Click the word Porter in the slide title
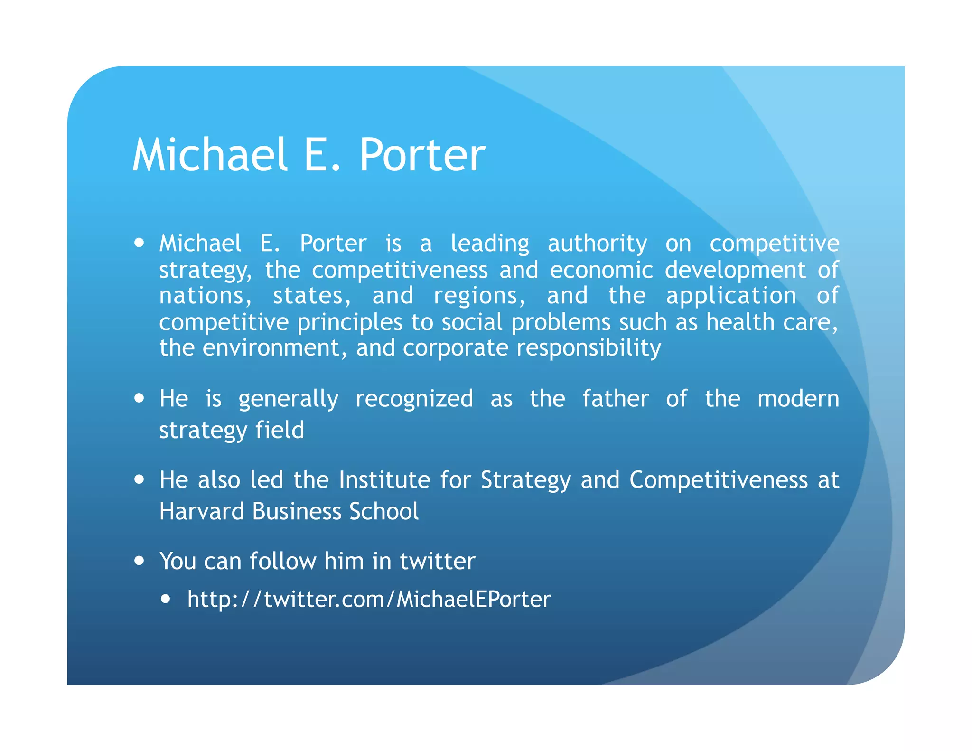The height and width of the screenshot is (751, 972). pos(422,155)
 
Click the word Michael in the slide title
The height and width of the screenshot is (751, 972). pos(210,155)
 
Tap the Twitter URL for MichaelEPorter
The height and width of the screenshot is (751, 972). pos(369,599)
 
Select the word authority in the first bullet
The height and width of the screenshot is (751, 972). pos(597,244)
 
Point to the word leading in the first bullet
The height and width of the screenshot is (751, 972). pos(489,244)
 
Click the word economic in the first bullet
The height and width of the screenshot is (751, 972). pos(601,270)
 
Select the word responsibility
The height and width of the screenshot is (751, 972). pos(589,348)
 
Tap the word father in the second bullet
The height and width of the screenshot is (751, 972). pos(615,398)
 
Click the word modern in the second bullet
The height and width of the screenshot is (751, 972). pos(798,398)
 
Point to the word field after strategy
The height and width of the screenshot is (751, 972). pos(280,430)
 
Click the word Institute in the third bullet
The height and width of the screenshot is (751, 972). pos(384,479)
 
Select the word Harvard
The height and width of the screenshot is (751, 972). pos(201,511)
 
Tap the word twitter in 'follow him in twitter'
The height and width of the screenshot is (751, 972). pos(437,561)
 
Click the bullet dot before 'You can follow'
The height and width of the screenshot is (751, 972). pos(139,561)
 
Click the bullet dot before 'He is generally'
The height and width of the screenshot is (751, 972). pos(139,398)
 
